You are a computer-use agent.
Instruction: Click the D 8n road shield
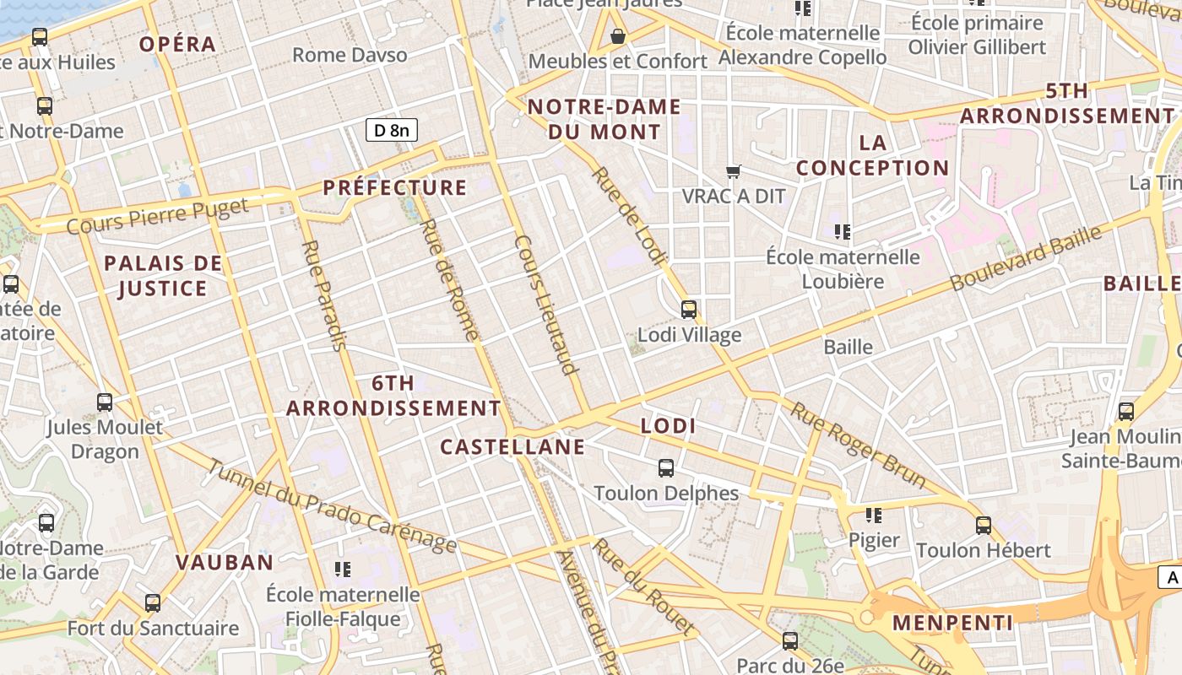[392, 130]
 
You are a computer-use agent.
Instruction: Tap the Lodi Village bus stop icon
[689, 310]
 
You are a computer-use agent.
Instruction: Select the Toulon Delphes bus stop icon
[666, 468]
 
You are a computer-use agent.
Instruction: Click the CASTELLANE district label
[512, 446]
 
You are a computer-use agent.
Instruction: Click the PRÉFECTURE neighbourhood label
[395, 187]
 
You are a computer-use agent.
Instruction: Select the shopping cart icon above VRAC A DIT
[734, 171]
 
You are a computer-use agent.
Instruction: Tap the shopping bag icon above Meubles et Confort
[618, 36]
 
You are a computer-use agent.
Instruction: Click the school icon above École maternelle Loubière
[842, 231]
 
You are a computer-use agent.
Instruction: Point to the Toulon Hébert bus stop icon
[984, 526]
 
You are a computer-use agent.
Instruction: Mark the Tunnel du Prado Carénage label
[332, 506]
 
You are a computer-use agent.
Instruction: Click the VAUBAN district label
[225, 562]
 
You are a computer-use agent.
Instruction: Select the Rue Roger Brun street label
[857, 445]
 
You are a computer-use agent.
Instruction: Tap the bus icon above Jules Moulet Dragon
[105, 402]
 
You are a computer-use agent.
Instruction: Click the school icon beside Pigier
[874, 515]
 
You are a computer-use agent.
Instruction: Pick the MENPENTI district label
[952, 623]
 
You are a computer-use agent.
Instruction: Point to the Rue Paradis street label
[324, 295]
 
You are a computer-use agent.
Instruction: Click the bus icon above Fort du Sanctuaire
[153, 603]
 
